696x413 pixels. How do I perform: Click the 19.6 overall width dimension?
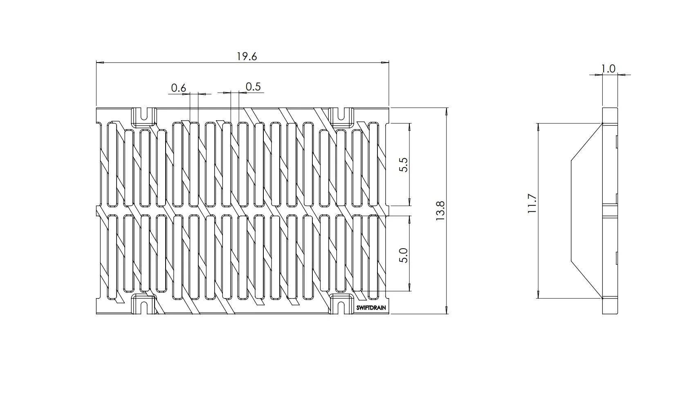(247, 56)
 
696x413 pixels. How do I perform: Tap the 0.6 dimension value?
(178, 88)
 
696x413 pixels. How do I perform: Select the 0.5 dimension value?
(253, 87)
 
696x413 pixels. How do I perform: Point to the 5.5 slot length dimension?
(403, 165)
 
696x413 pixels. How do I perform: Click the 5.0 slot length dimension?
(403, 255)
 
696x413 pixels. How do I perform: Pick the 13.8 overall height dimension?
(440, 211)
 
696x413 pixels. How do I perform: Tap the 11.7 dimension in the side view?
(532, 204)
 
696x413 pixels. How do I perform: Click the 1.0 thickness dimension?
(608, 69)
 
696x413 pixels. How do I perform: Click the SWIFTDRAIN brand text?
(371, 308)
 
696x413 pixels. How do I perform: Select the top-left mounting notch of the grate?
(144, 115)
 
